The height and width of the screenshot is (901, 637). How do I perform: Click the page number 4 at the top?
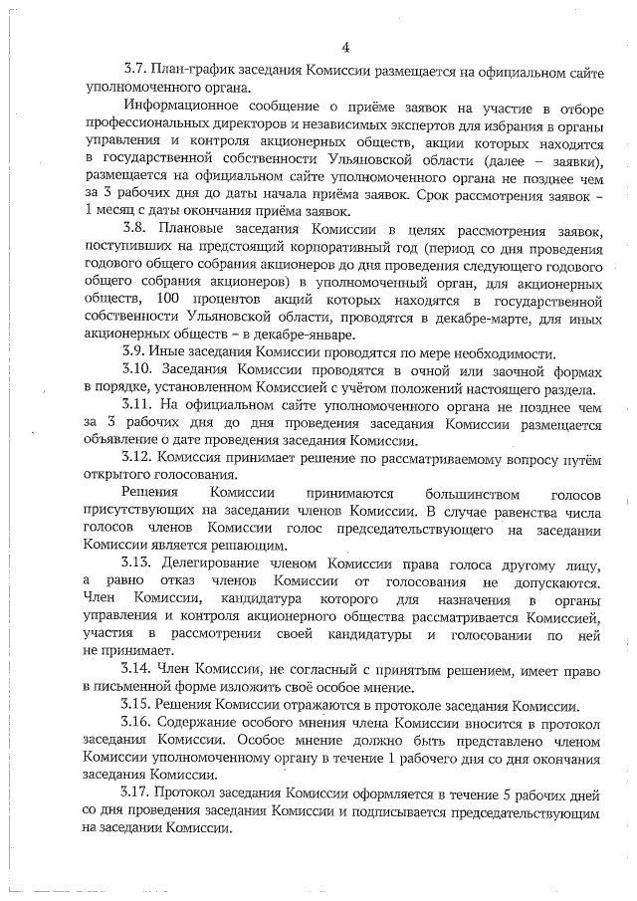click(x=344, y=48)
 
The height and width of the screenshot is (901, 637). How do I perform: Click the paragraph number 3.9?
click(x=134, y=355)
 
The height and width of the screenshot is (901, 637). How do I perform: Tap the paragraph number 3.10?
click(x=138, y=373)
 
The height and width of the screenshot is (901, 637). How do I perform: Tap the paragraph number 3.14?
click(x=138, y=668)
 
